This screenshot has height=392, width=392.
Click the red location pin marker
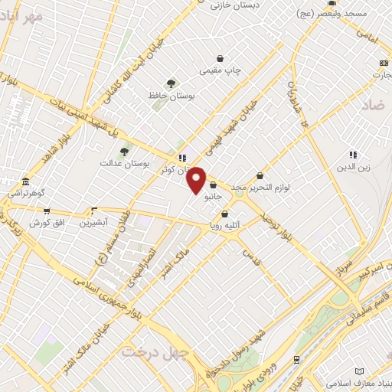pyautogui.click(x=197, y=181)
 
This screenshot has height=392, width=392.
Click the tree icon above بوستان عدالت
pyautogui.click(x=124, y=152)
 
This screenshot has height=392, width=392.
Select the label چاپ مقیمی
pyautogui.click(x=220, y=70)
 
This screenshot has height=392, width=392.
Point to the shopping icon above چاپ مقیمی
pyautogui.click(x=220, y=58)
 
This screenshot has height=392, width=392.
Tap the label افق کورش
pyautogui.click(x=45, y=223)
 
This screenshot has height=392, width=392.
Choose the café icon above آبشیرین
pyautogui.click(x=95, y=210)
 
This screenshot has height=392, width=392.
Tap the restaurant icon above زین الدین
pyautogui.click(x=353, y=155)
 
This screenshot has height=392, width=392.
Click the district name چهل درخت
pyautogui.click(x=147, y=351)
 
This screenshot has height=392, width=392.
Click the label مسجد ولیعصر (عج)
pyautogui.click(x=355, y=15)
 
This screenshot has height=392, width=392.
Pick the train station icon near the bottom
pyautogui.click(x=296, y=359)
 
